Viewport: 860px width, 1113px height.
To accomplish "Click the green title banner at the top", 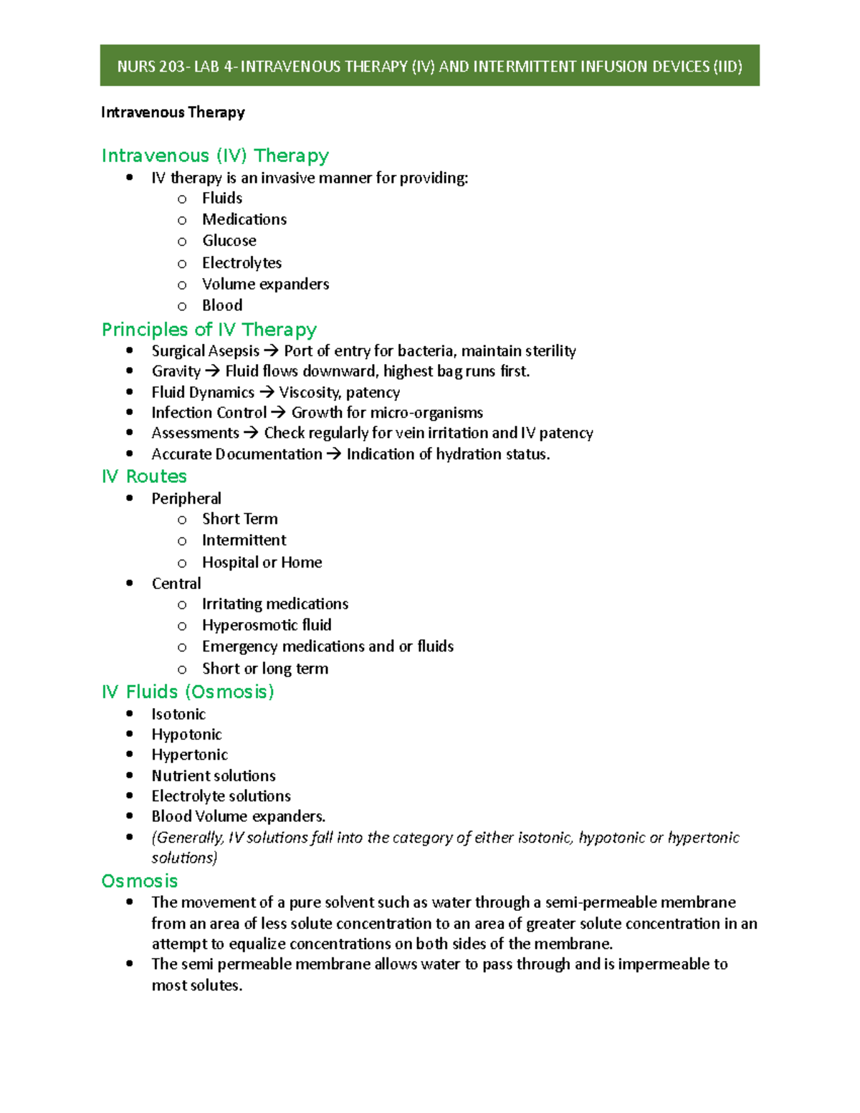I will pyautogui.click(x=429, y=66).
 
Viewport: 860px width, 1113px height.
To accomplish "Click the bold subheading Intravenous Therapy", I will pyautogui.click(x=173, y=113).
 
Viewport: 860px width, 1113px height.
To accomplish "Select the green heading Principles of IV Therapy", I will pyautogui.click(x=209, y=330).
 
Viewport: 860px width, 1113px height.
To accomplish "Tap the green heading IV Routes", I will pyautogui.click(x=144, y=477).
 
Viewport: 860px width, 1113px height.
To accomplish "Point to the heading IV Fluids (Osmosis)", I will pyautogui.click(x=188, y=692).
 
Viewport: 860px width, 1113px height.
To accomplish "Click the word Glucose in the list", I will pyautogui.click(x=229, y=241).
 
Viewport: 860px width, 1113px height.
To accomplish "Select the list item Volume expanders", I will pyautogui.click(x=265, y=285).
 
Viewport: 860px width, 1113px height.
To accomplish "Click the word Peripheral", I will pyautogui.click(x=186, y=499).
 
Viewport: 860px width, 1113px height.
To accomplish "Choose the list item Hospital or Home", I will pyautogui.click(x=262, y=563).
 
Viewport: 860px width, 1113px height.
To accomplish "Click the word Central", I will pyautogui.click(x=176, y=583).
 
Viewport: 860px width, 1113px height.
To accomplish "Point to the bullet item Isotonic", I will pyautogui.click(x=178, y=715).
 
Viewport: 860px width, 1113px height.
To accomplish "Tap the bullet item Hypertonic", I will pyautogui.click(x=189, y=755).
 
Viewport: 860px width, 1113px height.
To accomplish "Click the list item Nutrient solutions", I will pyautogui.click(x=214, y=775).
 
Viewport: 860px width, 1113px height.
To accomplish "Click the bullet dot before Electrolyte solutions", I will pyautogui.click(x=130, y=796).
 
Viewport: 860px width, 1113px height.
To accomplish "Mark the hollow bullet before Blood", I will pyautogui.click(x=182, y=307).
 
